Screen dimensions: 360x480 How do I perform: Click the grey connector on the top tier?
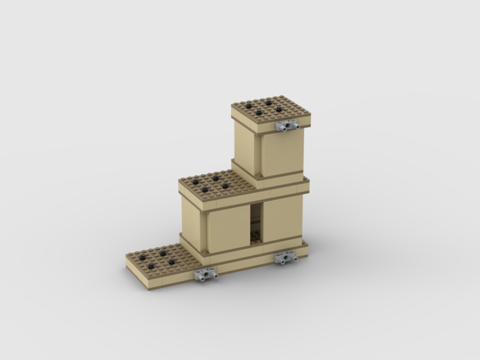click(x=287, y=126)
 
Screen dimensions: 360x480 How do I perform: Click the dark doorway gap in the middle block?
click(x=257, y=218)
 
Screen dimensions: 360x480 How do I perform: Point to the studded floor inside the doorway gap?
click(x=255, y=236)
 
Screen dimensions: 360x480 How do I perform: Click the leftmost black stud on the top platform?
click(x=249, y=105)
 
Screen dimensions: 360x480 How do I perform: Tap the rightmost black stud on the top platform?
click(x=279, y=109)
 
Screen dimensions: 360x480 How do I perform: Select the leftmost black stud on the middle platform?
click(x=195, y=181)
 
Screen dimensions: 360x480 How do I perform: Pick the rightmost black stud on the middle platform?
click(x=225, y=185)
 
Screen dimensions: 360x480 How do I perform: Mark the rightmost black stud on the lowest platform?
click(x=171, y=261)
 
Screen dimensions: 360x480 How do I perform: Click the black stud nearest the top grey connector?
click(x=279, y=109)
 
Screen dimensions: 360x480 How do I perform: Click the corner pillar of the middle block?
click(x=204, y=231)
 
